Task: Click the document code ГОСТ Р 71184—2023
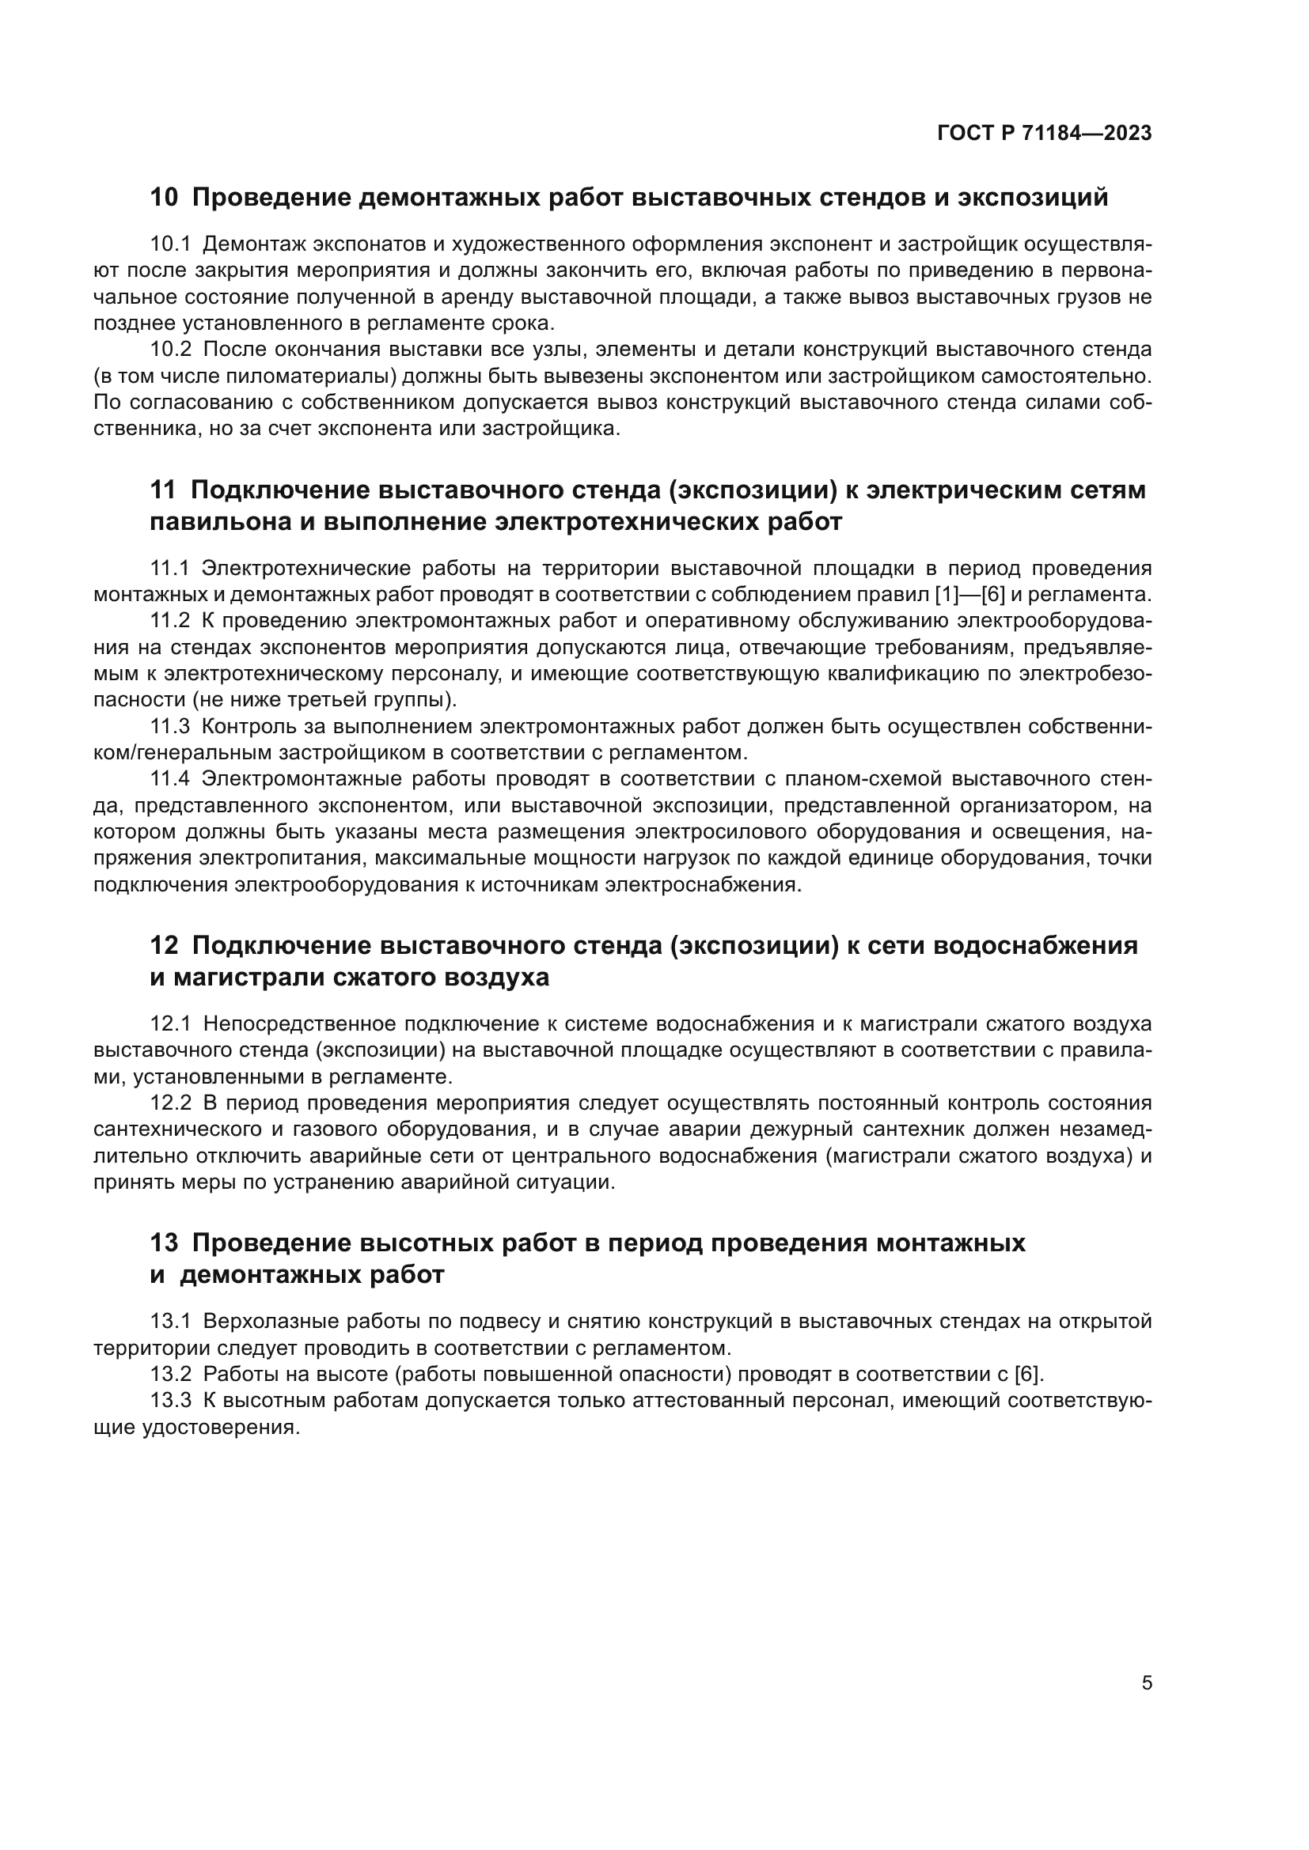pos(1044,134)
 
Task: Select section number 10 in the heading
pos(164,198)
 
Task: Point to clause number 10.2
pos(170,350)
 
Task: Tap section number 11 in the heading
pos(163,490)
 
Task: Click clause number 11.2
pos(170,621)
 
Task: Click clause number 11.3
pos(170,727)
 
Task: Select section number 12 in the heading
pos(164,945)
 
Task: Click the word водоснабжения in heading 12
pos(1035,945)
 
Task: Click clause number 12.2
pos(170,1103)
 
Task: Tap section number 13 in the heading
pos(164,1243)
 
